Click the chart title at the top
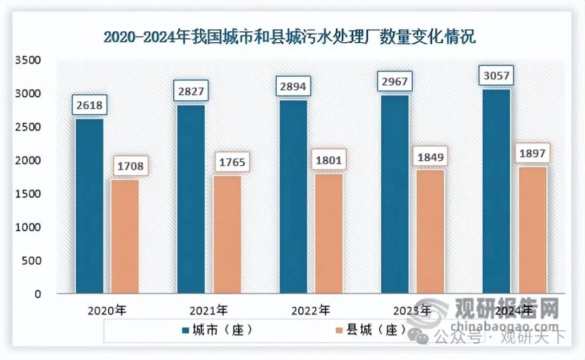289,37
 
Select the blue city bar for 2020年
89,206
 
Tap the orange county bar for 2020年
126,236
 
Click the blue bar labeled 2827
191,199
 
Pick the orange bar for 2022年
329,233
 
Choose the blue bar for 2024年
496,191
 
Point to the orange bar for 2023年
431,232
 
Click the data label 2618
89,105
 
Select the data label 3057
496,76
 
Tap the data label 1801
329,160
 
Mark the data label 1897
533,154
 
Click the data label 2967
395,82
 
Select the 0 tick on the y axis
37,294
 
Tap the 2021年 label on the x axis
209,311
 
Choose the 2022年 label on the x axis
310,311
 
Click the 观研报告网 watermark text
506,310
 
